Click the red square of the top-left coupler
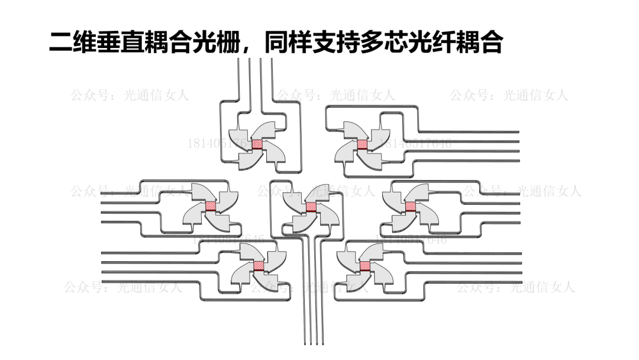click(x=257, y=144)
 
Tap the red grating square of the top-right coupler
click(x=362, y=144)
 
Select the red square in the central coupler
click(x=311, y=207)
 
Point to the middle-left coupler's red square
click(x=210, y=205)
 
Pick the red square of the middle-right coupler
click(x=410, y=206)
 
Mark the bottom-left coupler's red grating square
click(x=259, y=265)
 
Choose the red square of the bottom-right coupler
click(x=364, y=265)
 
